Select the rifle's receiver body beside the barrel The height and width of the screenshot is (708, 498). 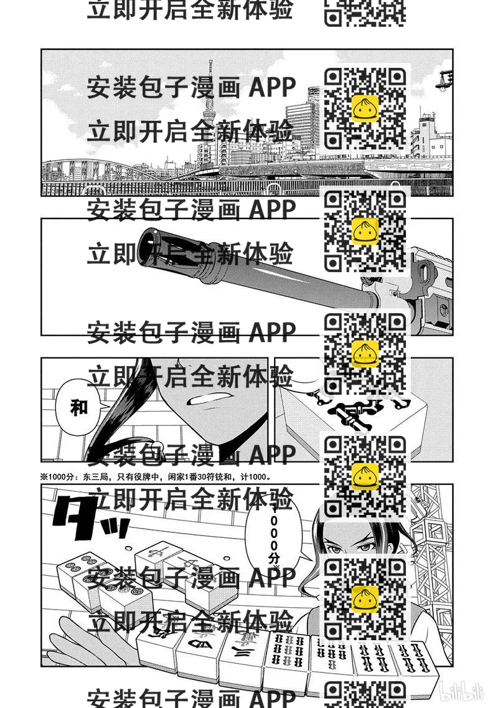point(430,280)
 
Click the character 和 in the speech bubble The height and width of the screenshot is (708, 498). point(79,408)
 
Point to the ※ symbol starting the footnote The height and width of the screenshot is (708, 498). point(44,477)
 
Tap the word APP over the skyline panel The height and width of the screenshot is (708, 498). point(272,88)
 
